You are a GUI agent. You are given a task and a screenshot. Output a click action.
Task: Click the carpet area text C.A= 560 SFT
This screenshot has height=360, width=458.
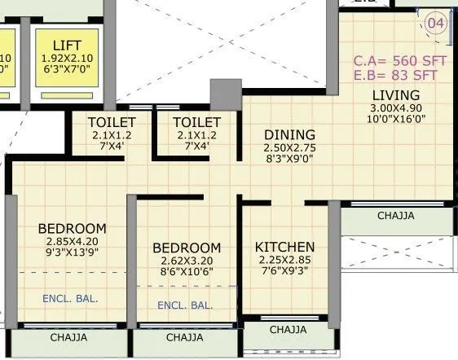coord(395,60)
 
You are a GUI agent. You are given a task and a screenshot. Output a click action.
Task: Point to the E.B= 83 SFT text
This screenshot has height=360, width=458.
coord(395,76)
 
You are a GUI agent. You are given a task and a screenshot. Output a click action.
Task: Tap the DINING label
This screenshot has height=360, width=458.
coord(288,135)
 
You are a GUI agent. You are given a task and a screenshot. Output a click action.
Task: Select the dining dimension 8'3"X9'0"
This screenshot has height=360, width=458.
coord(288,160)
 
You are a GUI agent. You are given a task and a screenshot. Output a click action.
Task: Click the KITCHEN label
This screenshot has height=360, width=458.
coord(284,247)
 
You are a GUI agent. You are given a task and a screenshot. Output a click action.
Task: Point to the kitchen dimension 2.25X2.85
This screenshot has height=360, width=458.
coord(284,260)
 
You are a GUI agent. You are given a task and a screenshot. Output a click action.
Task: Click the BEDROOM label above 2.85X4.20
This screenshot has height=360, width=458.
coord(72,228)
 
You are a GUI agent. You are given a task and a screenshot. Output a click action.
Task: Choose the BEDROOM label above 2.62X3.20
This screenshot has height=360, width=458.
coord(187,248)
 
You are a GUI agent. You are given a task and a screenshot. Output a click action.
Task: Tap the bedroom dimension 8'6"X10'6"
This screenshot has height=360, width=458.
coord(187,274)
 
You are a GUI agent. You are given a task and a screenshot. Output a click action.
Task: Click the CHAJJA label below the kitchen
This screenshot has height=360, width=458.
coord(288,330)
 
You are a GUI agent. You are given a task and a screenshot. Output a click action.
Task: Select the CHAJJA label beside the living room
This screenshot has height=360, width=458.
coord(395,216)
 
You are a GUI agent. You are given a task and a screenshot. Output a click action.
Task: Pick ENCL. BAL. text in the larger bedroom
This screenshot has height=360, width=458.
coord(70,299)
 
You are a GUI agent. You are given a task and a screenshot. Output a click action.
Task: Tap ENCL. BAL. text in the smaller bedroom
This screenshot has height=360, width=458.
coord(185,306)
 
